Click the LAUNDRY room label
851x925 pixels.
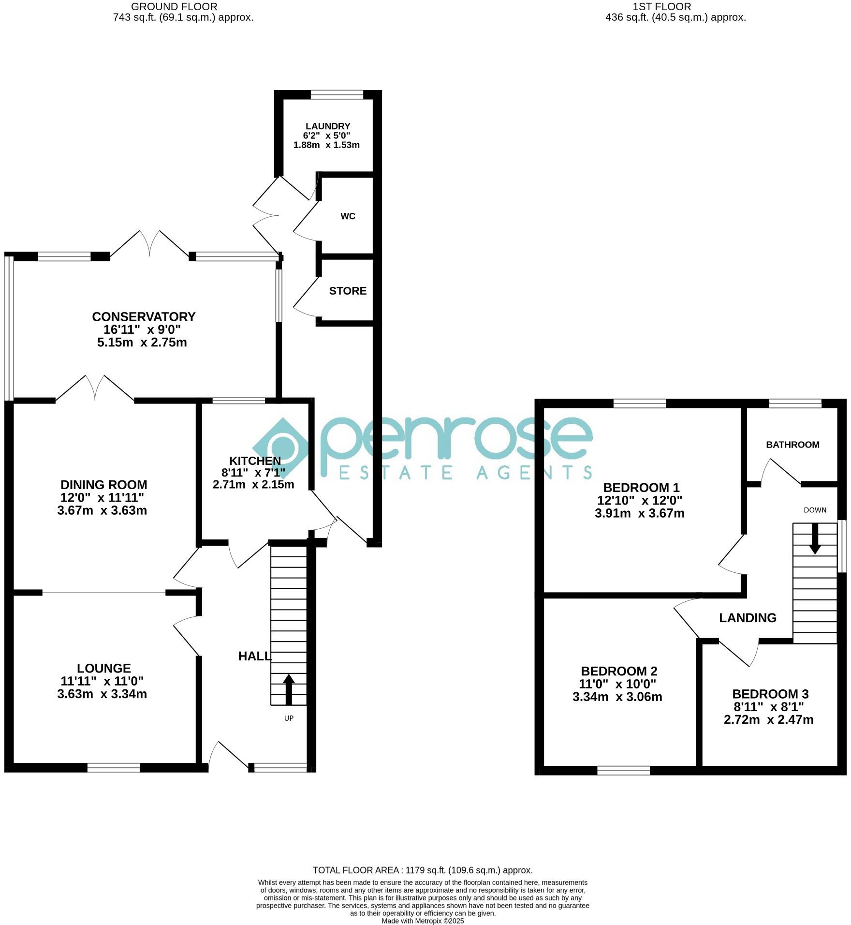tap(327, 126)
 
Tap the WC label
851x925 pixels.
tap(348, 216)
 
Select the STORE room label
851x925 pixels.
tap(348, 291)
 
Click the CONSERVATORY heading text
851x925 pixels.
tap(144, 316)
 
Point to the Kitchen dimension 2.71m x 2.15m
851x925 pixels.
tap(253, 484)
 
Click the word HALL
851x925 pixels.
tap(254, 656)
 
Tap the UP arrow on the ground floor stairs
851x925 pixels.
tap(289, 689)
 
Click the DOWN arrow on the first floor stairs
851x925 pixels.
tap(815, 537)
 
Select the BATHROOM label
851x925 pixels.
tap(792, 445)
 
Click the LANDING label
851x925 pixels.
tap(748, 618)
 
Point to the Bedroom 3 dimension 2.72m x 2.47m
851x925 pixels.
tap(768, 720)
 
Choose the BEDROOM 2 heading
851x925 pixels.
tap(619, 671)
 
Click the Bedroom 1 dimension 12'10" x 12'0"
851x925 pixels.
tap(639, 500)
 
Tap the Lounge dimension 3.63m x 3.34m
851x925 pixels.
tap(102, 694)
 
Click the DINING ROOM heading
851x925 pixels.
tap(103, 484)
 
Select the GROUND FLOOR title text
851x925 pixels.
tap(174, 7)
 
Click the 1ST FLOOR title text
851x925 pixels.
tap(661, 7)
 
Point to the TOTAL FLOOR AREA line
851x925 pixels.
tap(423, 870)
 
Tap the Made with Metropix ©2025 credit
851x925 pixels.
tap(423, 921)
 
